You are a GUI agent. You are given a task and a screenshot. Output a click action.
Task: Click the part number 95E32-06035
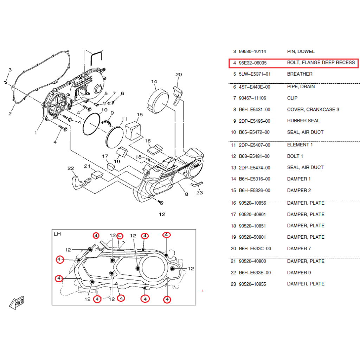coord(253,63)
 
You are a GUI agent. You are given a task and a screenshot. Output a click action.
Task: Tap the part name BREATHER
coord(300,74)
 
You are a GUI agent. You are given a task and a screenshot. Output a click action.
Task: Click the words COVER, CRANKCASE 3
coord(313,110)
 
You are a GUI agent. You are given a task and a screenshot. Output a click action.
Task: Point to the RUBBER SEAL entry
coord(303,121)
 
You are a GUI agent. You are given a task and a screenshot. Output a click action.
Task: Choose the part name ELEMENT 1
coord(300,145)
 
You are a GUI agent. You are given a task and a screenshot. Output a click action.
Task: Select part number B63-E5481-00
coord(254,156)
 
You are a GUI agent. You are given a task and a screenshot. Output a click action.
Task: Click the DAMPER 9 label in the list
coord(299,273)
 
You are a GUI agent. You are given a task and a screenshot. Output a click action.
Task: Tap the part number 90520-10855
coord(253,284)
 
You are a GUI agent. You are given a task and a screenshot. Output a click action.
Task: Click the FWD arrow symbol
coord(17,302)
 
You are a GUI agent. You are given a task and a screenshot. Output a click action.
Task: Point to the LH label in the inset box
coord(57,234)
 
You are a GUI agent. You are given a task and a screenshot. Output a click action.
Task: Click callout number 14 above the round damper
coord(154,82)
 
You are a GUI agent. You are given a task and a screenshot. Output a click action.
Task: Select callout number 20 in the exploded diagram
coord(179,75)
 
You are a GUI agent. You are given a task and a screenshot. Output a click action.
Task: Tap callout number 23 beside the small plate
coord(200,193)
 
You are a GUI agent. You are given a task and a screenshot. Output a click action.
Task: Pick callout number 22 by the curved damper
coord(71,168)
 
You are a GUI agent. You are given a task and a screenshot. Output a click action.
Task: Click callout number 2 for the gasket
coord(10,114)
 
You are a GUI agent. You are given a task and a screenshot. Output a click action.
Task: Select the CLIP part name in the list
coord(292,98)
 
